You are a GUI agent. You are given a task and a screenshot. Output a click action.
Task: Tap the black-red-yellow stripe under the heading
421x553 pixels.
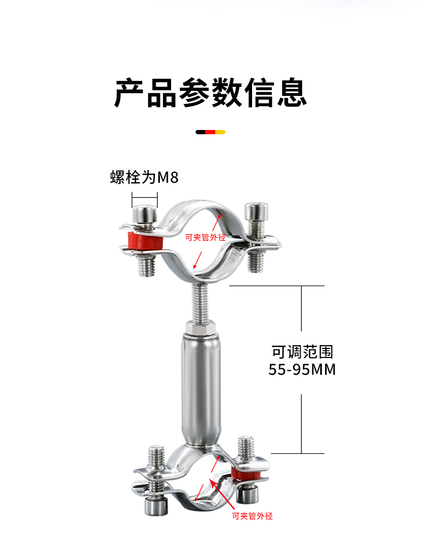[x=210, y=132]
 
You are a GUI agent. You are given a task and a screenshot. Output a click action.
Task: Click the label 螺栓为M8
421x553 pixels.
[x=144, y=177]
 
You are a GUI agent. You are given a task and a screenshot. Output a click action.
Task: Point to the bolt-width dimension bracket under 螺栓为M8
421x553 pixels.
[x=144, y=201]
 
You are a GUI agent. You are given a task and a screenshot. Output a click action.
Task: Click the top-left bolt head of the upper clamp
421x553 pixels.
[x=144, y=215]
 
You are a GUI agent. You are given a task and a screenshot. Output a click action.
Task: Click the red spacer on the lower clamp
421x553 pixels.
[x=246, y=475]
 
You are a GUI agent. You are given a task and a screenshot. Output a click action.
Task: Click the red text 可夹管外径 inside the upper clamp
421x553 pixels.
[x=205, y=238]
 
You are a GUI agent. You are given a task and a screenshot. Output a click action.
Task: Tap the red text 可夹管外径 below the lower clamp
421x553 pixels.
[x=252, y=516]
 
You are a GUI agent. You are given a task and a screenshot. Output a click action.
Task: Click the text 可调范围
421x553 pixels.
[x=302, y=352]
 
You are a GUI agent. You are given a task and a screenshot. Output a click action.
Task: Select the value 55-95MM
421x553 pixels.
[x=302, y=369]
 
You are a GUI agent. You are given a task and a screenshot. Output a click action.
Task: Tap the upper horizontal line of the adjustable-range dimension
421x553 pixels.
[x=277, y=286]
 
